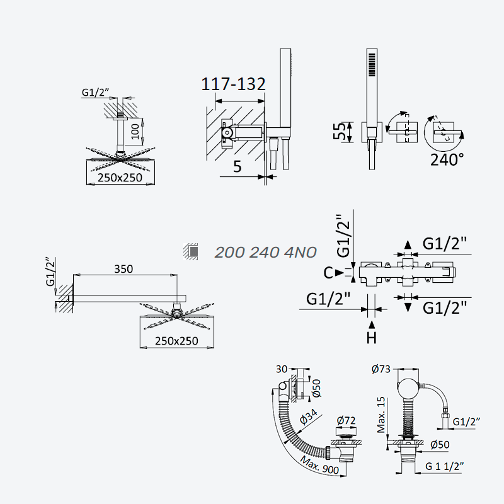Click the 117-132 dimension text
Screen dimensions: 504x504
point(233,84)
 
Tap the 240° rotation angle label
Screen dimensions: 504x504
point(447,159)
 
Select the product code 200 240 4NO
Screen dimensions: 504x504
point(265,253)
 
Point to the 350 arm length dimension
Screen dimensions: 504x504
point(123,269)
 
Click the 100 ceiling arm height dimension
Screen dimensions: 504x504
point(135,131)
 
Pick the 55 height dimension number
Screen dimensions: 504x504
point(339,132)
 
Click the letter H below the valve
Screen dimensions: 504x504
point(372,338)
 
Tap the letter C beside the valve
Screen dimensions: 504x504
point(328,273)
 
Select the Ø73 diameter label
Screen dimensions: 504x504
point(381,369)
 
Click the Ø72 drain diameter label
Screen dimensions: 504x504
point(346,420)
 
